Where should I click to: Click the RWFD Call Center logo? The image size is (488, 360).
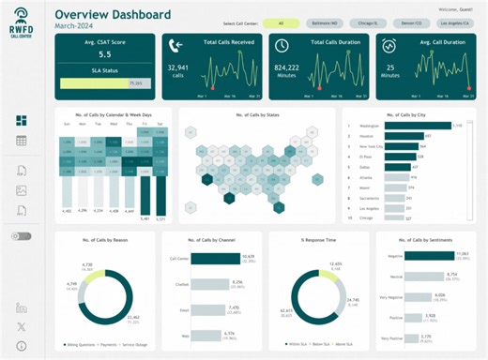21,23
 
